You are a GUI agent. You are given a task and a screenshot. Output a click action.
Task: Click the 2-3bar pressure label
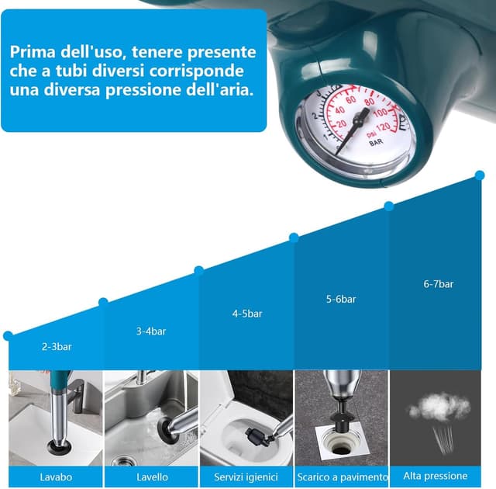pyautogui.click(x=57, y=346)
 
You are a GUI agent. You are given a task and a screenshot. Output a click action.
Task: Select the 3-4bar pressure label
pyautogui.click(x=151, y=331)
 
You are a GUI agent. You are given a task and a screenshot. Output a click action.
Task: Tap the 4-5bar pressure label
pyautogui.click(x=247, y=314)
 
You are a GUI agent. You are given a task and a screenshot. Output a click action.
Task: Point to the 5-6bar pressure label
pyautogui.click(x=341, y=299)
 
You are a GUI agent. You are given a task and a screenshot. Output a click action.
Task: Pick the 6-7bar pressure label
pyautogui.click(x=439, y=284)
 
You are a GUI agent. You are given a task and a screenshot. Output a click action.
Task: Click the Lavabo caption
pyautogui.click(x=56, y=477)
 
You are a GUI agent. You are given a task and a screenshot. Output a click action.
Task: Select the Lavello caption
pyautogui.click(x=152, y=477)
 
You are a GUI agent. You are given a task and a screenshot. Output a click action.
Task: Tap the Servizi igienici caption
pyautogui.click(x=246, y=477)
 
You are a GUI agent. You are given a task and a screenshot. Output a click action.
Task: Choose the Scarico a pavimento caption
pyautogui.click(x=343, y=477)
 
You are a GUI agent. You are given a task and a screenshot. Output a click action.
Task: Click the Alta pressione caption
pyautogui.click(x=436, y=476)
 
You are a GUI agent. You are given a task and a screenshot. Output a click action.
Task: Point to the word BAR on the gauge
pyautogui.click(x=376, y=143)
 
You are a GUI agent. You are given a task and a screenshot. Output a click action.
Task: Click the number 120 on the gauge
pyautogui.click(x=383, y=127)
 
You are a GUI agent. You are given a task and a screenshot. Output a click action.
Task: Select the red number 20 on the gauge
pyautogui.click(x=341, y=124)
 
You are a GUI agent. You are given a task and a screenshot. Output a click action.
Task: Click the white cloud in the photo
pyautogui.click(x=439, y=406)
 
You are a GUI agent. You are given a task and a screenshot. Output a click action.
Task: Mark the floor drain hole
pyautogui.click(x=339, y=449)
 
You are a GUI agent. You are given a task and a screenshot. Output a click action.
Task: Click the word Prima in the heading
pyautogui.click(x=33, y=52)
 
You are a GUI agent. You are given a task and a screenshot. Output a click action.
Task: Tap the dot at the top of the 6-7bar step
pyautogui.click(x=480, y=175)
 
